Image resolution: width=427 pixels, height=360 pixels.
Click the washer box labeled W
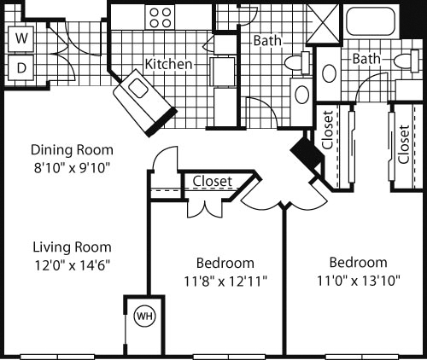tap(22, 39)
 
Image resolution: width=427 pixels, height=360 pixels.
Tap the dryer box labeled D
tap(22, 67)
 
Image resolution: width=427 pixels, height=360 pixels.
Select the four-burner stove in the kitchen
tap(159, 17)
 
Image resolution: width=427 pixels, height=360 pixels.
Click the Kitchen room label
tap(168, 65)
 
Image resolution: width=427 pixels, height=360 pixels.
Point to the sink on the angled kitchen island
tap(136, 89)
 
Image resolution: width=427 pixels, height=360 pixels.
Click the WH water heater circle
tap(143, 316)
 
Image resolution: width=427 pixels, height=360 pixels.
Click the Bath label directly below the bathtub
tap(366, 59)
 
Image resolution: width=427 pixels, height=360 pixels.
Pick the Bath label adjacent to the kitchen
tap(266, 39)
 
